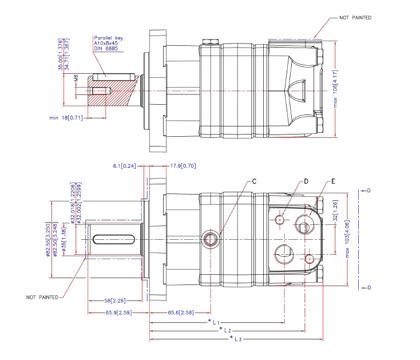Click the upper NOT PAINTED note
(x=355, y=18)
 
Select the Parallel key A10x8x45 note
(x=108, y=43)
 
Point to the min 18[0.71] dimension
(x=66, y=117)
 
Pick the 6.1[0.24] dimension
(x=124, y=166)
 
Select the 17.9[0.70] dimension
(x=183, y=166)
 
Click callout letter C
(x=254, y=181)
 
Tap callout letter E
(x=333, y=181)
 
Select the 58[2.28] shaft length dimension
(x=115, y=300)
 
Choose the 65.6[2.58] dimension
(x=181, y=312)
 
